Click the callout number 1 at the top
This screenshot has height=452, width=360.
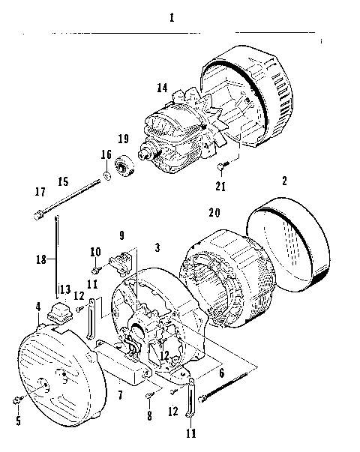[172, 18]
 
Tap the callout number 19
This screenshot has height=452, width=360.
[124, 139]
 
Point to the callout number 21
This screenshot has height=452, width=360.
[220, 186]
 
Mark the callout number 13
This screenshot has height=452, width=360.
[64, 289]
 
